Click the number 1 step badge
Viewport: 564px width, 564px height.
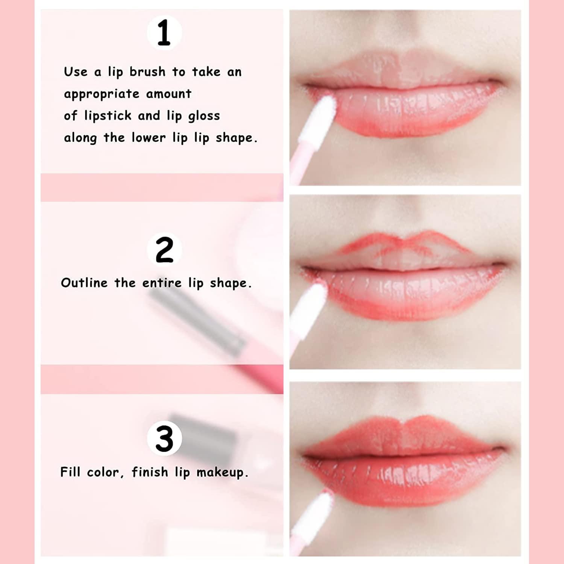coord(164,33)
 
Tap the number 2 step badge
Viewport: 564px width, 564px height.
coord(164,250)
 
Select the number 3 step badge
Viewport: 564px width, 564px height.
coord(164,438)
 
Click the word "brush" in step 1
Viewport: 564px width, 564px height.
coord(147,71)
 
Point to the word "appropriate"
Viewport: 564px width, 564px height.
coord(102,94)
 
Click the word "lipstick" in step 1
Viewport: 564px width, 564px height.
coord(108,116)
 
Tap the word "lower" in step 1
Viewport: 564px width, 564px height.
coord(149,138)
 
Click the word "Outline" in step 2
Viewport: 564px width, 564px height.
coord(84,283)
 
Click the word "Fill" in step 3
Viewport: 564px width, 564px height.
coord(70,472)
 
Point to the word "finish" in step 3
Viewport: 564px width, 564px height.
coord(150,472)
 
